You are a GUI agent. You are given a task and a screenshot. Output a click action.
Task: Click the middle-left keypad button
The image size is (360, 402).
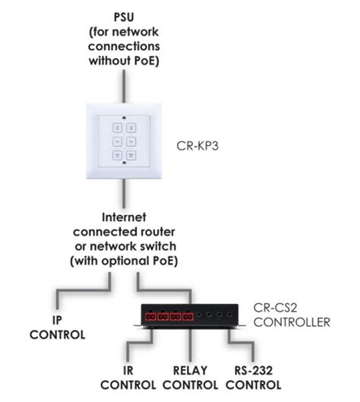click(118, 141)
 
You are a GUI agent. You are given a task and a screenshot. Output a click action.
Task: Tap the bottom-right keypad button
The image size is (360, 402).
click(130, 156)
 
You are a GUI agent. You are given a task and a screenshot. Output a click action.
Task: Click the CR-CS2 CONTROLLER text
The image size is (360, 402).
click(292, 315)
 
